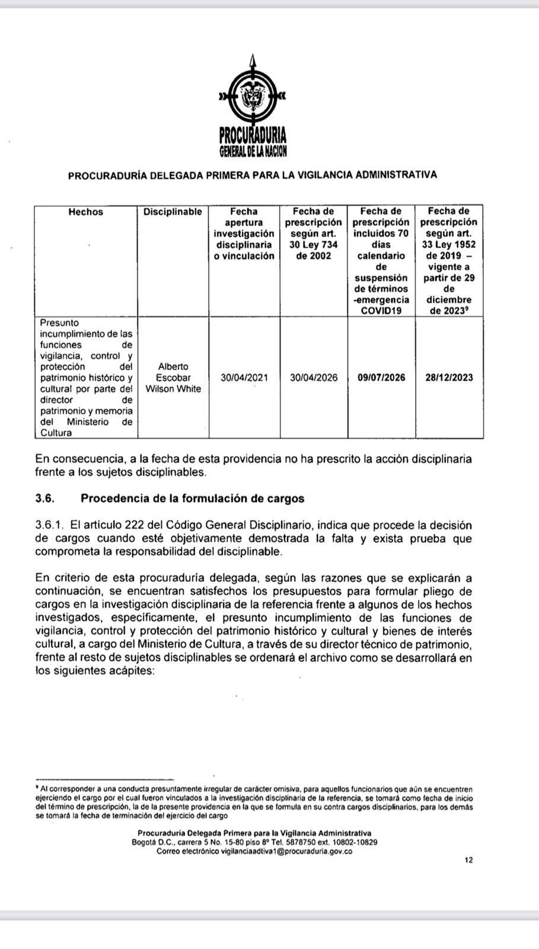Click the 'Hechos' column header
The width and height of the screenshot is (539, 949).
[x=85, y=212]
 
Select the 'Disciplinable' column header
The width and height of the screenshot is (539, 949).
[x=173, y=212]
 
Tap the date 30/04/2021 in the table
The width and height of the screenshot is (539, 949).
[x=244, y=378]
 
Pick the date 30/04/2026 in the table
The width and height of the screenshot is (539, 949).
[x=314, y=378]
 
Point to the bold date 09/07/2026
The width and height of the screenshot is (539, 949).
[x=382, y=378]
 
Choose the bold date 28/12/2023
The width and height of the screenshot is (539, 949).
[x=449, y=378]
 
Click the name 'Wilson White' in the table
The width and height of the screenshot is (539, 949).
[x=173, y=389]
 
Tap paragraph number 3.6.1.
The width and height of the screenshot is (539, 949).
[x=49, y=525]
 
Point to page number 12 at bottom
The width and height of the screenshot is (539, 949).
[x=469, y=860]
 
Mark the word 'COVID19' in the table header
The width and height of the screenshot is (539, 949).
[x=381, y=311]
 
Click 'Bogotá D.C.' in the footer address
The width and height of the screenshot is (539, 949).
[x=150, y=842]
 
